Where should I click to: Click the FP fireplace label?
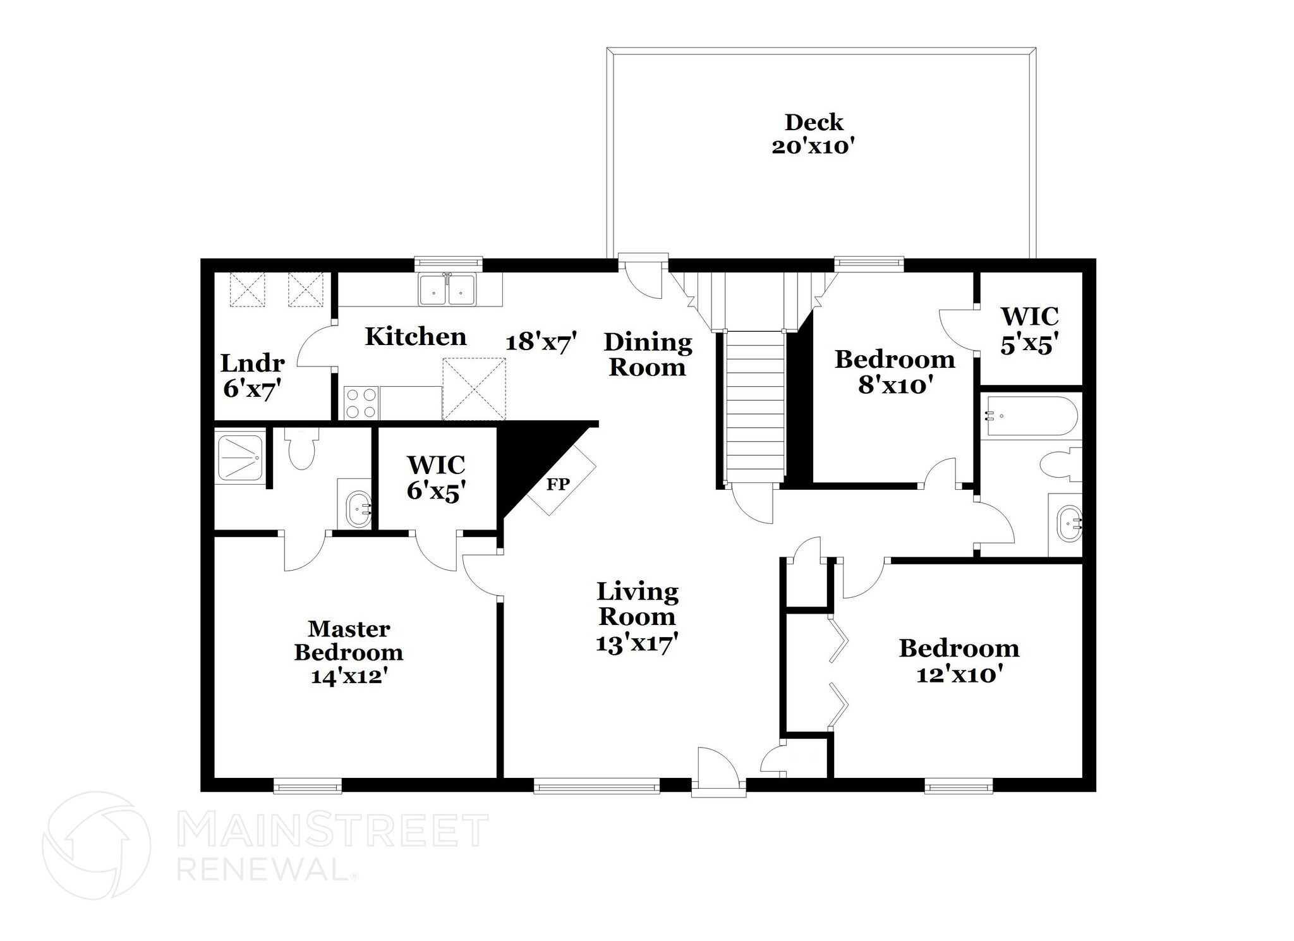pos(558,485)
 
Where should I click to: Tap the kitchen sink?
pos(447,289)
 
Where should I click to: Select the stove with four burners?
pos(361,403)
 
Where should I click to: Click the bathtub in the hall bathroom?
pos(1030,415)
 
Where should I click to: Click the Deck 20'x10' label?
pos(814,134)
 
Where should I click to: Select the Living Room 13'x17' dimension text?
pos(637,644)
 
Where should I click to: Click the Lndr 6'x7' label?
pos(252,376)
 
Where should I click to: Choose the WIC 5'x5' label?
pos(1029,330)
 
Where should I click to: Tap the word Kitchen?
pos(416,336)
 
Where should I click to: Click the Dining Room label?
pos(648,355)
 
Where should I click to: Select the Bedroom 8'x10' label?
pos(895,372)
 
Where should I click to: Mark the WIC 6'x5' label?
pos(436,477)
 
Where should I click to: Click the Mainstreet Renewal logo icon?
pos(97,846)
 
